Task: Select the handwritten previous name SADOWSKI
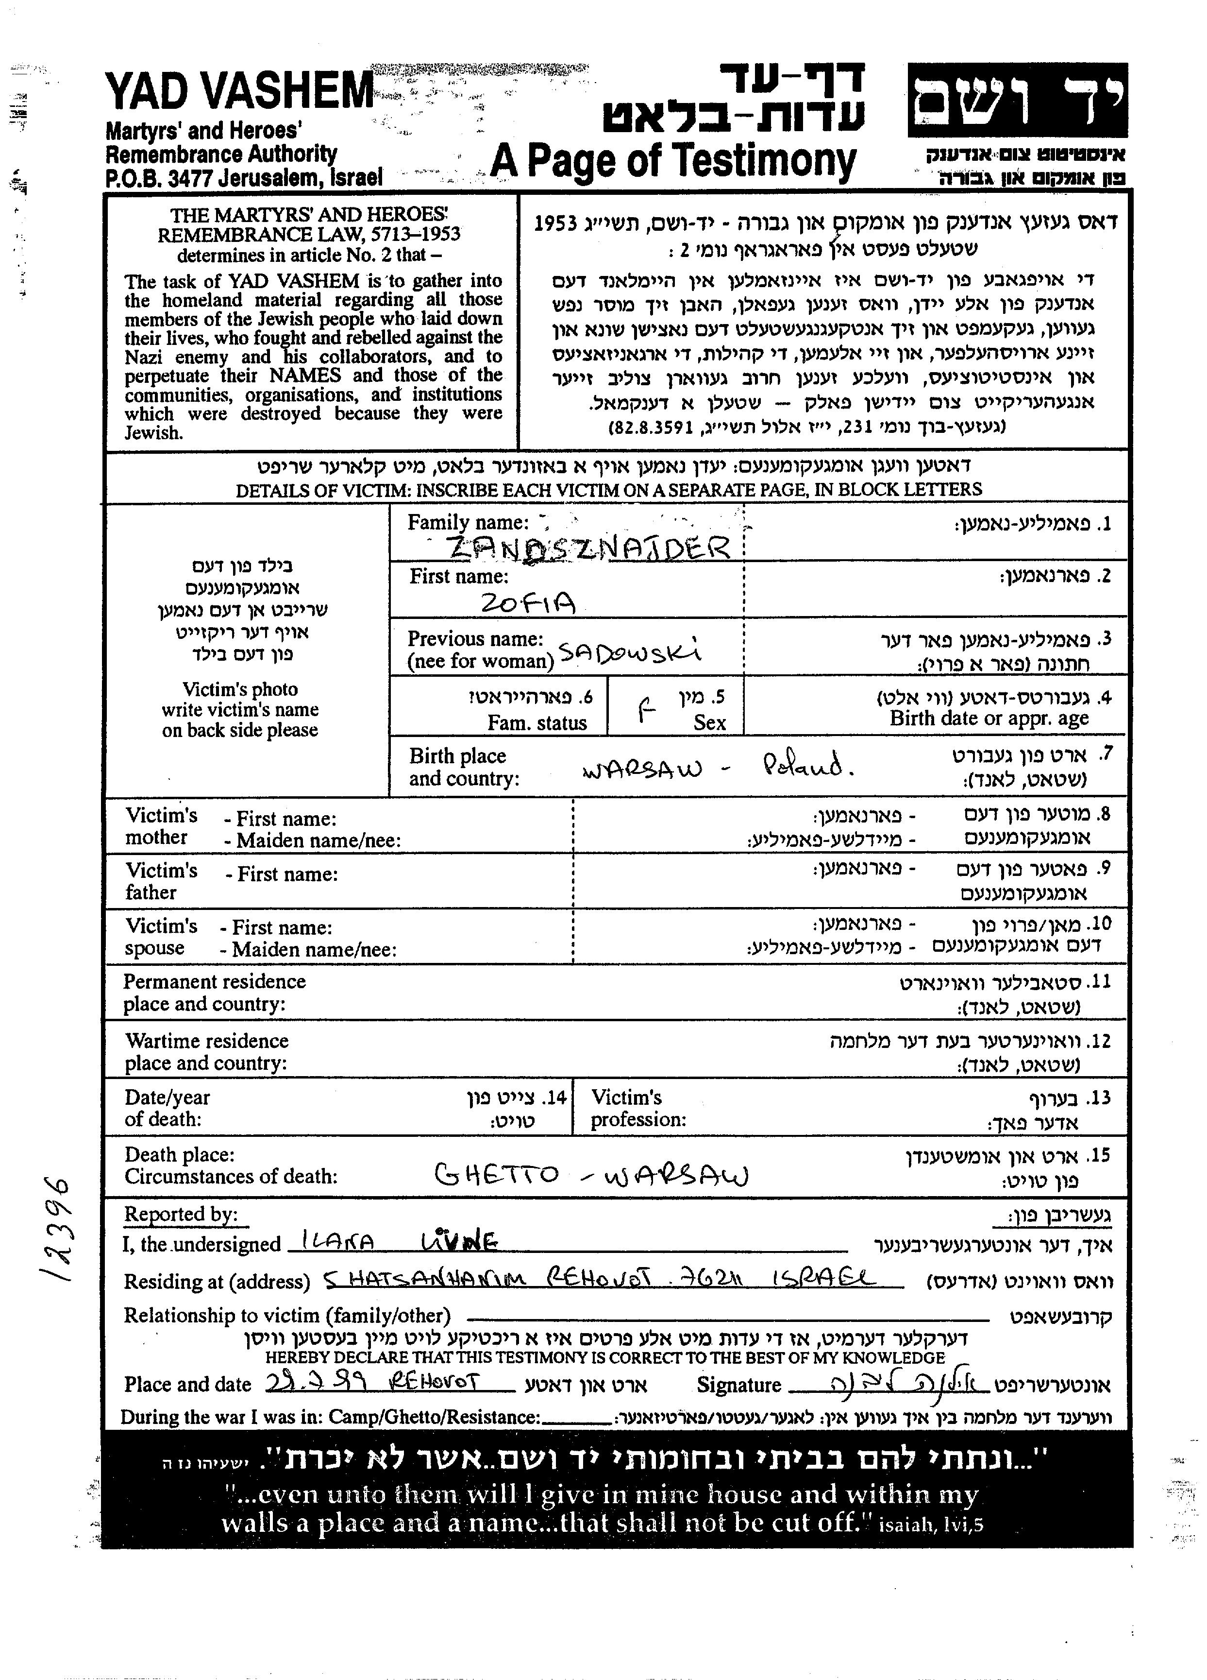[629, 652]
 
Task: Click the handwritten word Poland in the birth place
[807, 764]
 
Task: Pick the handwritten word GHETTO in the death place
[496, 1174]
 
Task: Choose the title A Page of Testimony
[672, 161]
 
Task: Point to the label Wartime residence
[207, 1041]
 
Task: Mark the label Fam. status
[537, 723]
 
